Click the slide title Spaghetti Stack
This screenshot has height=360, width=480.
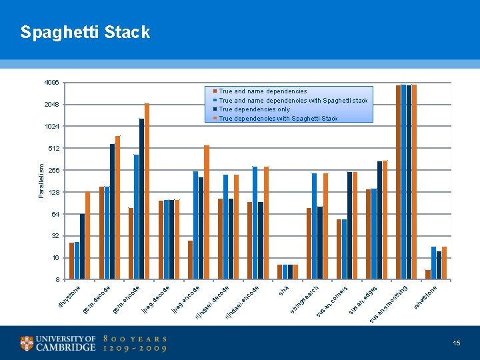pyautogui.click(x=85, y=32)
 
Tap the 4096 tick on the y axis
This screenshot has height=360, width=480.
pyautogui.click(x=51, y=83)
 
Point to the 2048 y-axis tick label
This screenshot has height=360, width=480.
pyautogui.click(x=51, y=105)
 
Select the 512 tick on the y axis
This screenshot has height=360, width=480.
pyautogui.click(x=53, y=148)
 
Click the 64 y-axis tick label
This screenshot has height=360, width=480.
pyautogui.click(x=55, y=214)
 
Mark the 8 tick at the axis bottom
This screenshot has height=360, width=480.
pyautogui.click(x=57, y=279)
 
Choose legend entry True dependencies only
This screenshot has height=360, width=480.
pyautogui.click(x=254, y=109)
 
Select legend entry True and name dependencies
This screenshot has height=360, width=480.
pyautogui.click(x=263, y=91)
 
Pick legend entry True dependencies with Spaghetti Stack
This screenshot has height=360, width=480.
pyautogui.click(x=278, y=119)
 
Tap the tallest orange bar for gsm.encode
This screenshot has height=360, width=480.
pyautogui.click(x=147, y=191)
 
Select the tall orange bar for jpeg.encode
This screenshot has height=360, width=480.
pyautogui.click(x=207, y=212)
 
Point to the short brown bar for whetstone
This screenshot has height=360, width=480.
pyautogui.click(x=428, y=275)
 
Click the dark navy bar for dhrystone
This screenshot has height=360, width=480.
pyautogui.click(x=82, y=246)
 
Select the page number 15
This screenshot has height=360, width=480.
pyautogui.click(x=457, y=343)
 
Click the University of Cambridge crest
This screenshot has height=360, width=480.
pyautogui.click(x=27, y=343)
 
